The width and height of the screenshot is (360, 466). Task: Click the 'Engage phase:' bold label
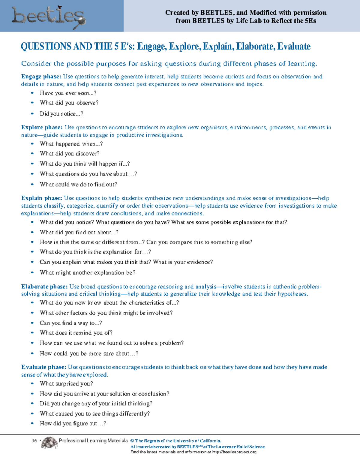41,77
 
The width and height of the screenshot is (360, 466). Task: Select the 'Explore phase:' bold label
42,128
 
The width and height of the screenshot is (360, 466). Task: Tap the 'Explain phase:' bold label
41,198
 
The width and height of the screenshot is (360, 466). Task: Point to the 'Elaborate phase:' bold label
44,287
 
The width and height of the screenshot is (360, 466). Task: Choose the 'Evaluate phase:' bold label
43,367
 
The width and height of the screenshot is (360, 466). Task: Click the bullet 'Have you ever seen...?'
68,93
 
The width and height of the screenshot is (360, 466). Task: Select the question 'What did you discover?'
69,154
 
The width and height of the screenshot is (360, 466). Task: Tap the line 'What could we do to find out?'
78,185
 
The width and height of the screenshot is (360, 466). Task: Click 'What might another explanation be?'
87,273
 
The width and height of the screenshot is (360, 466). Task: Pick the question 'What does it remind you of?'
76,333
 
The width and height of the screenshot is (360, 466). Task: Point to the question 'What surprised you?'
66,384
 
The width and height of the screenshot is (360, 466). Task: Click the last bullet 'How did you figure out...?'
73,423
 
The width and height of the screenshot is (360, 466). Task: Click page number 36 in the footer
34,441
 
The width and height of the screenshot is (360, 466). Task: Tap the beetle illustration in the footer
49,443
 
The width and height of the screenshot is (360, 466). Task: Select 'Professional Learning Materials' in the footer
93,440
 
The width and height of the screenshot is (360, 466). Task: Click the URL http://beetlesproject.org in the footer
234,452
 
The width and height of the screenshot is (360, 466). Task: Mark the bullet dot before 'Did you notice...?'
32,114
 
